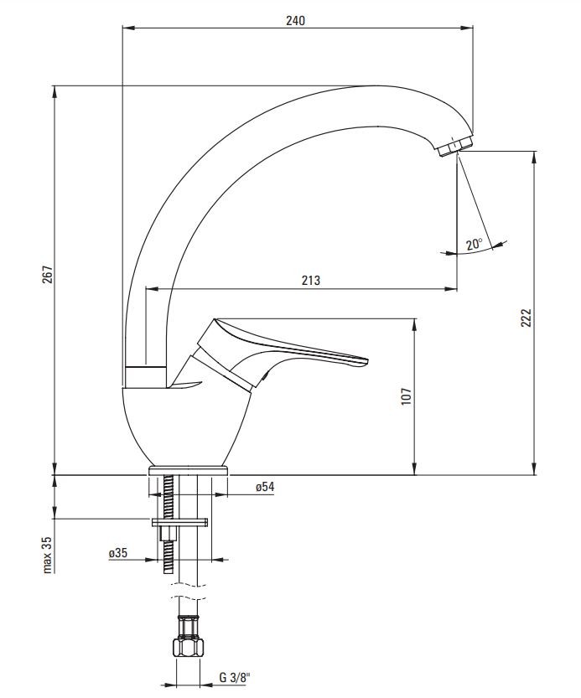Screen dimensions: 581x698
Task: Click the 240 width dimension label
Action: [295, 20]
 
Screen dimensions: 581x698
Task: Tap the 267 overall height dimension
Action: [48, 274]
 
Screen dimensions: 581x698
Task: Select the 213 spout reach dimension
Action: [310, 281]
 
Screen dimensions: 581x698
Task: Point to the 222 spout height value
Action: [527, 318]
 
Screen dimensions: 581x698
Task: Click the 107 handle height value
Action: [407, 396]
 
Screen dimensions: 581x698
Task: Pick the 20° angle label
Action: [475, 244]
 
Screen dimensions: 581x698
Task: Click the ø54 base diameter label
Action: [265, 487]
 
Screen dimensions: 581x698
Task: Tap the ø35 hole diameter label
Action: [118, 553]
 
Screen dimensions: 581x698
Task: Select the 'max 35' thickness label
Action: [48, 554]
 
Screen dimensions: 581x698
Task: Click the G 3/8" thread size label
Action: [235, 678]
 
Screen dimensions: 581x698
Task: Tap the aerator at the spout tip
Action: [454, 146]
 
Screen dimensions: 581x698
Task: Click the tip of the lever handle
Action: [367, 359]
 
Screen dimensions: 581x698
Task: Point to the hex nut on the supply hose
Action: [188, 648]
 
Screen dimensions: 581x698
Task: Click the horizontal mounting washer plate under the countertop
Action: [180, 523]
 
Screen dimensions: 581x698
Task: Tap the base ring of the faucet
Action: [188, 471]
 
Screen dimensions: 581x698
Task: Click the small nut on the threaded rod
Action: [169, 533]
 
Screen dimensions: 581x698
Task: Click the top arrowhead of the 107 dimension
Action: [415, 324]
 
